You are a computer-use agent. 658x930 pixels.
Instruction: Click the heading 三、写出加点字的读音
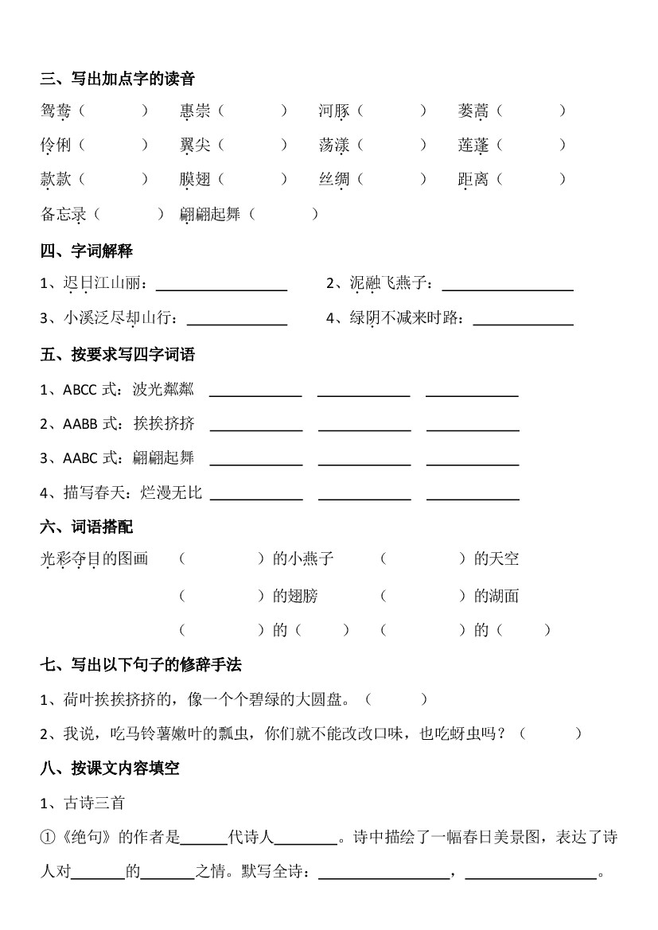[118, 78]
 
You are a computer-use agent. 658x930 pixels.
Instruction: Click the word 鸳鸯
[56, 111]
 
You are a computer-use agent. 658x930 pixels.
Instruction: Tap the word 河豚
[334, 111]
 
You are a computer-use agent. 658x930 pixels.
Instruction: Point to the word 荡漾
[334, 146]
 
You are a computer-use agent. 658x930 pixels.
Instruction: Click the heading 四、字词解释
[87, 251]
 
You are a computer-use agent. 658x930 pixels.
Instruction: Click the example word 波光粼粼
[163, 389]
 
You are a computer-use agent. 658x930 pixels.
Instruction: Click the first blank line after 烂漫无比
[256, 492]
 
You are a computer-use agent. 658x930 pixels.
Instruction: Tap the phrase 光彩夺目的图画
[95, 559]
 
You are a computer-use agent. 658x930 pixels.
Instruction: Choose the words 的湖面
[496, 595]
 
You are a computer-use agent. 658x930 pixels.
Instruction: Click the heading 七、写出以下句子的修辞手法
[141, 663]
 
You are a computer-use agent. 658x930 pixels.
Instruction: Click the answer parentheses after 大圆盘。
[396, 700]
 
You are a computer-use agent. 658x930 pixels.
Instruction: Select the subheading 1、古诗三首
[83, 803]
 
